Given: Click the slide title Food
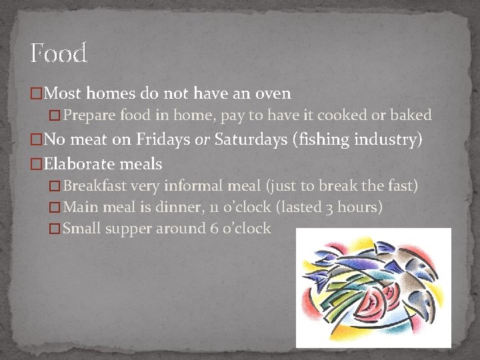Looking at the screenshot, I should point(59,53).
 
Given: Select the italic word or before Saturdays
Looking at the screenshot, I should point(203,140).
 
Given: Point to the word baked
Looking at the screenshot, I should point(411,115).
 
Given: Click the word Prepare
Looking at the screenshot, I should point(90,115).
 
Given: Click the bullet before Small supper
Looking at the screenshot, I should point(55,229).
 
